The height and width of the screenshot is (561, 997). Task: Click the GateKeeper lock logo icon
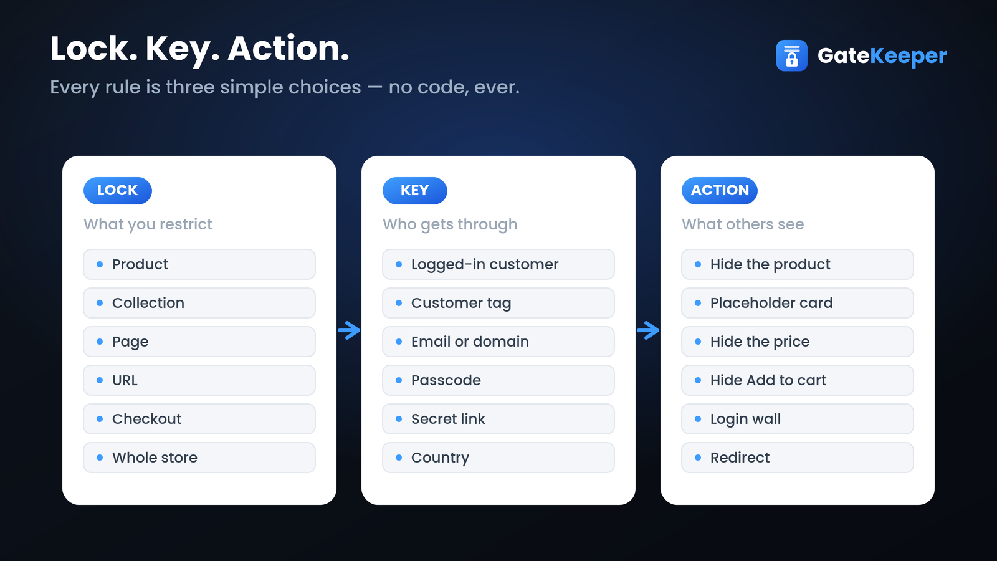coord(791,55)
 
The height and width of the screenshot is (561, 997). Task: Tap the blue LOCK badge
coord(118,191)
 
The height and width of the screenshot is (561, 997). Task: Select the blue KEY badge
coord(415,191)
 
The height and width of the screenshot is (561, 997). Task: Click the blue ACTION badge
coord(720,191)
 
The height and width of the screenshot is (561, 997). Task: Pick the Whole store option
coord(199,458)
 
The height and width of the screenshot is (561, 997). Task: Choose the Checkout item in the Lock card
coord(199,418)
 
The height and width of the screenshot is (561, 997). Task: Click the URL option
coord(199,380)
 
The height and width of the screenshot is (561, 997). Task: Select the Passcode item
coord(499,380)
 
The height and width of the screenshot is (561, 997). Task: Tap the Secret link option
coord(499,418)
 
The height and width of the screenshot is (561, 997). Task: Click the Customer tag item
coord(499,303)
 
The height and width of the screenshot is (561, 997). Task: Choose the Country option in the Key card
coord(499,458)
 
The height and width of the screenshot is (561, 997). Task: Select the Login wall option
coord(798,418)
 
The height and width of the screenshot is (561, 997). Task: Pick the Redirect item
coord(798,458)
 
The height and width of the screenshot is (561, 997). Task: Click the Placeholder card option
coord(798,303)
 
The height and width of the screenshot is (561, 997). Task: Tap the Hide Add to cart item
coord(798,380)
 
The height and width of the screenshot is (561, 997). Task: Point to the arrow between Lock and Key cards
coord(349,330)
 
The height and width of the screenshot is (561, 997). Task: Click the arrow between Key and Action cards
coord(648,330)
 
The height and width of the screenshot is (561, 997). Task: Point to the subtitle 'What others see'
coord(743,224)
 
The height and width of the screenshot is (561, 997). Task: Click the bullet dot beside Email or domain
coord(399,342)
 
